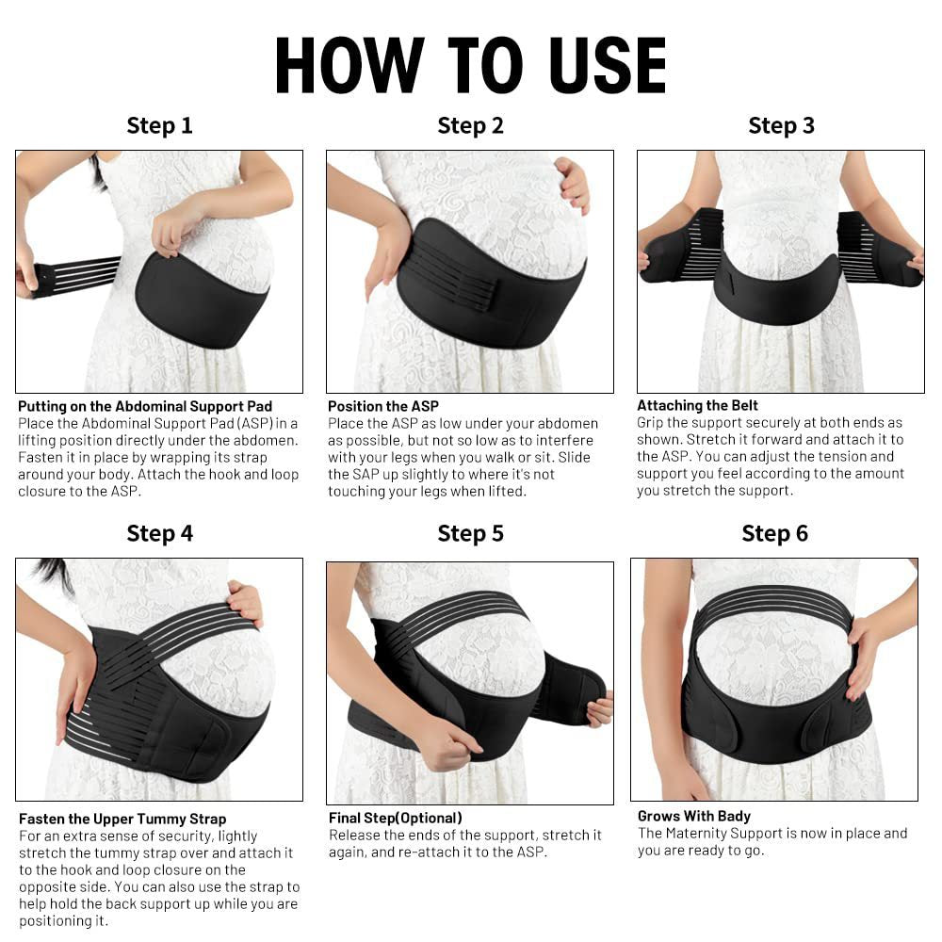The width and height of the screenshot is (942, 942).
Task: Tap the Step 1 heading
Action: tap(159, 125)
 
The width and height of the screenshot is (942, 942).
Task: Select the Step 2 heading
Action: tap(470, 125)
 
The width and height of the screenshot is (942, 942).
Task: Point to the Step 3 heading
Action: tap(781, 125)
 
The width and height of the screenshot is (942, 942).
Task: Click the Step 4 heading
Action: tap(159, 533)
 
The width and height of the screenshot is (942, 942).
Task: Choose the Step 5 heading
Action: tap(470, 533)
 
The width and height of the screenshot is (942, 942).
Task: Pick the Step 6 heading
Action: tap(774, 533)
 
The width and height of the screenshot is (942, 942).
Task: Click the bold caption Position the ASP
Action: tap(383, 406)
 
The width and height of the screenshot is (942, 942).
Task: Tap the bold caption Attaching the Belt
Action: tap(697, 406)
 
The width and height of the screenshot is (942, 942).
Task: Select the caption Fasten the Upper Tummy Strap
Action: tap(122, 819)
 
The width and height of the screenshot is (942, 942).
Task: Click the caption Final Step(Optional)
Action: tap(395, 818)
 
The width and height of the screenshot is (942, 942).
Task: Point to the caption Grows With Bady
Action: tap(694, 816)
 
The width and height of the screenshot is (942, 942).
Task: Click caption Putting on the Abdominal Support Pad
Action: tap(145, 406)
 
